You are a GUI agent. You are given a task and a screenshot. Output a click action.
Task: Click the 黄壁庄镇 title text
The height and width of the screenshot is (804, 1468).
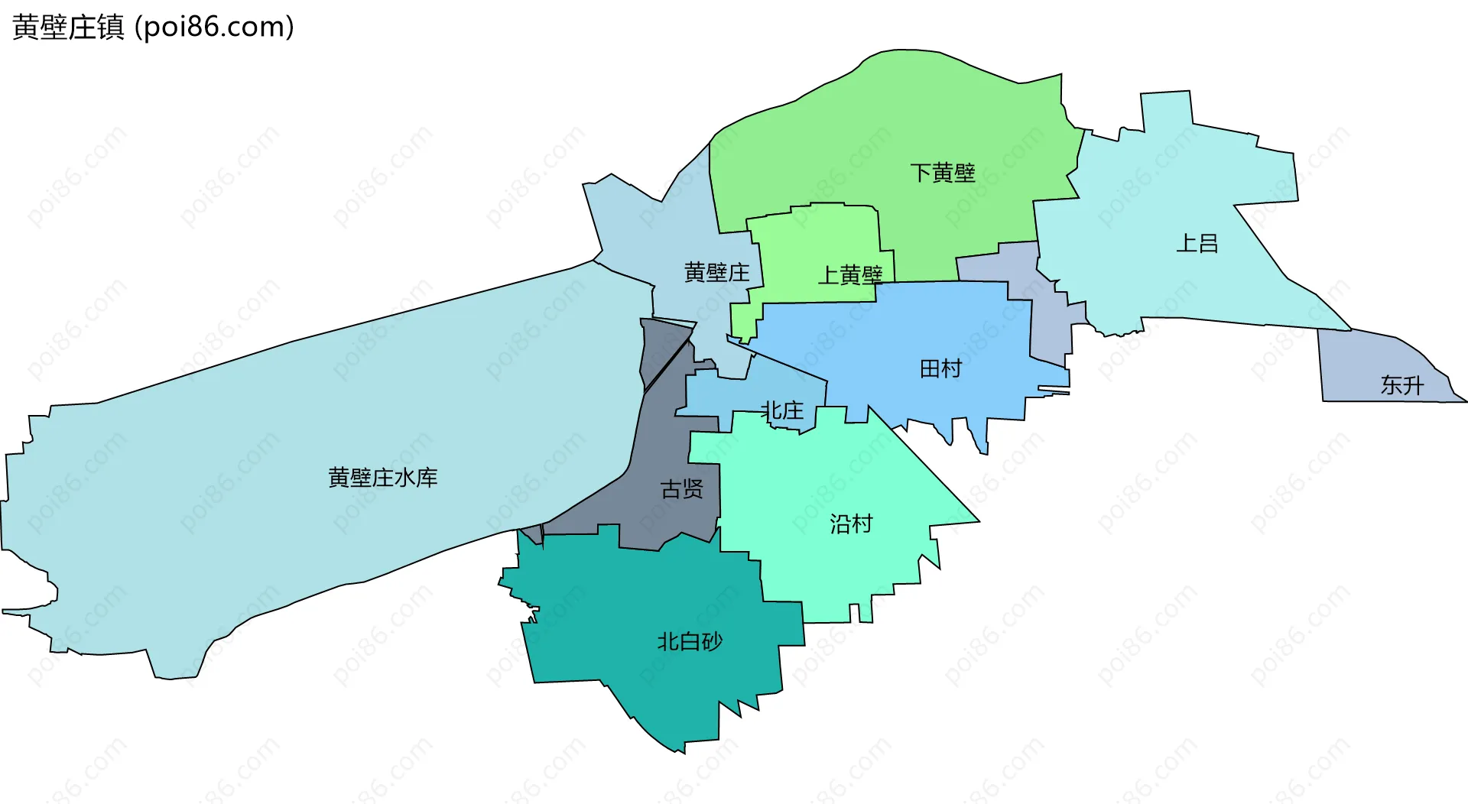(x=68, y=28)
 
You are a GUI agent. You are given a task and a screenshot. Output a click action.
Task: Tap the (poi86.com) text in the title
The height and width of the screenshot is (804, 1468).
(x=214, y=28)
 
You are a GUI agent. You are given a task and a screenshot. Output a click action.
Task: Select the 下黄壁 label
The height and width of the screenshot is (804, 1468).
(x=942, y=173)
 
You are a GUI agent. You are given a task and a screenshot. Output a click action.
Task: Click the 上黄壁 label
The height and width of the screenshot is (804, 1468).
(x=850, y=274)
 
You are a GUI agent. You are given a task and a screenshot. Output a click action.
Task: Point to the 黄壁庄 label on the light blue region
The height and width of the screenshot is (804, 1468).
(x=716, y=272)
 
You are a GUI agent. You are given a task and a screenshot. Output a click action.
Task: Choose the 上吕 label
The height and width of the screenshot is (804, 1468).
(x=1197, y=243)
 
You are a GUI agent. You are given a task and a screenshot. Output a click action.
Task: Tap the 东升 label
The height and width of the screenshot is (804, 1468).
(x=1401, y=385)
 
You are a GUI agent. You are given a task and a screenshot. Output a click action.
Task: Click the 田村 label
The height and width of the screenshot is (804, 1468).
(x=940, y=369)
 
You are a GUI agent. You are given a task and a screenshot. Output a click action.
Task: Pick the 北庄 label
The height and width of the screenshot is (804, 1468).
(x=782, y=410)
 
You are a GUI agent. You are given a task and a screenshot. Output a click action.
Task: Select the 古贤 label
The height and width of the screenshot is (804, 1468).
(x=681, y=489)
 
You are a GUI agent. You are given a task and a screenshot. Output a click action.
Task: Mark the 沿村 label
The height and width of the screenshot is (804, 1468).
(x=851, y=524)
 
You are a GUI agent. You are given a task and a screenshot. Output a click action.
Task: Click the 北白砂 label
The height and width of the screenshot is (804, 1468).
(x=690, y=641)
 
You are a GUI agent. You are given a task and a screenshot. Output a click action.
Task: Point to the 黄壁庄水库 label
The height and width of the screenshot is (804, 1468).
(x=382, y=478)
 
